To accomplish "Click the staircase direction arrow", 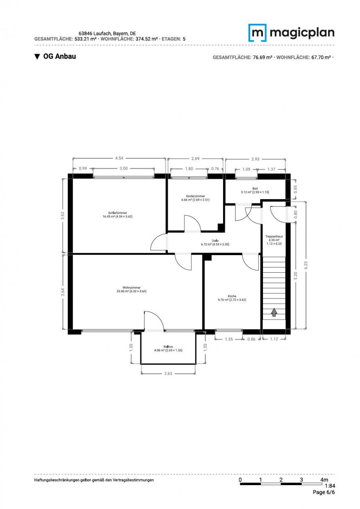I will point(274,312).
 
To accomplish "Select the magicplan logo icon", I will point(257,33).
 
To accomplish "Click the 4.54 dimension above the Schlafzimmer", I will point(119,158).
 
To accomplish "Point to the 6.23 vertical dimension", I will point(306,265).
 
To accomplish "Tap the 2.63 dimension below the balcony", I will point(168,373).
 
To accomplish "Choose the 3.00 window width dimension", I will point(123,168).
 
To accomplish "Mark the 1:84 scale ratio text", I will point(330,486).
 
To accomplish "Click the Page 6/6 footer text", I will point(324,492).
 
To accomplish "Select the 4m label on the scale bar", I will point(324,480).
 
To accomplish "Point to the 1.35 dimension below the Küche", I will point(229,339).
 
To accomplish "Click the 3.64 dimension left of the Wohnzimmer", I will point(64,292).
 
